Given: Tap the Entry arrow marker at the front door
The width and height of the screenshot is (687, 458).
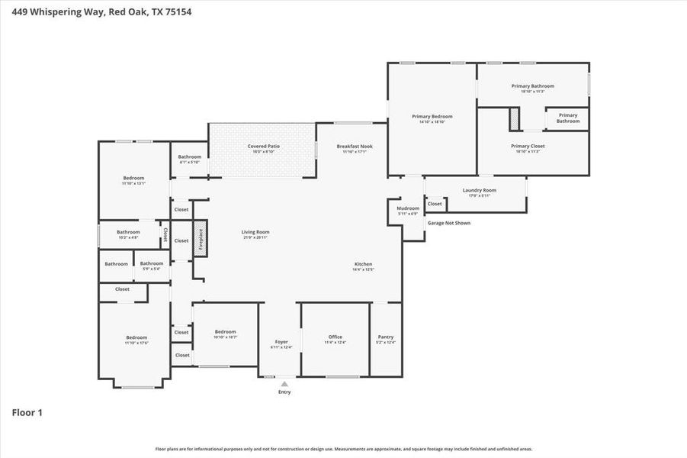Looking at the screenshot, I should click(284, 384).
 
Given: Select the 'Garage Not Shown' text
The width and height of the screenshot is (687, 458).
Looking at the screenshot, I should click(448, 223).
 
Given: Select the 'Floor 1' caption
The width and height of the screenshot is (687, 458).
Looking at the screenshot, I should click(27, 413).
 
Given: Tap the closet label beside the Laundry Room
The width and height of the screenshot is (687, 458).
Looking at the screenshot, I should click(435, 204).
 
